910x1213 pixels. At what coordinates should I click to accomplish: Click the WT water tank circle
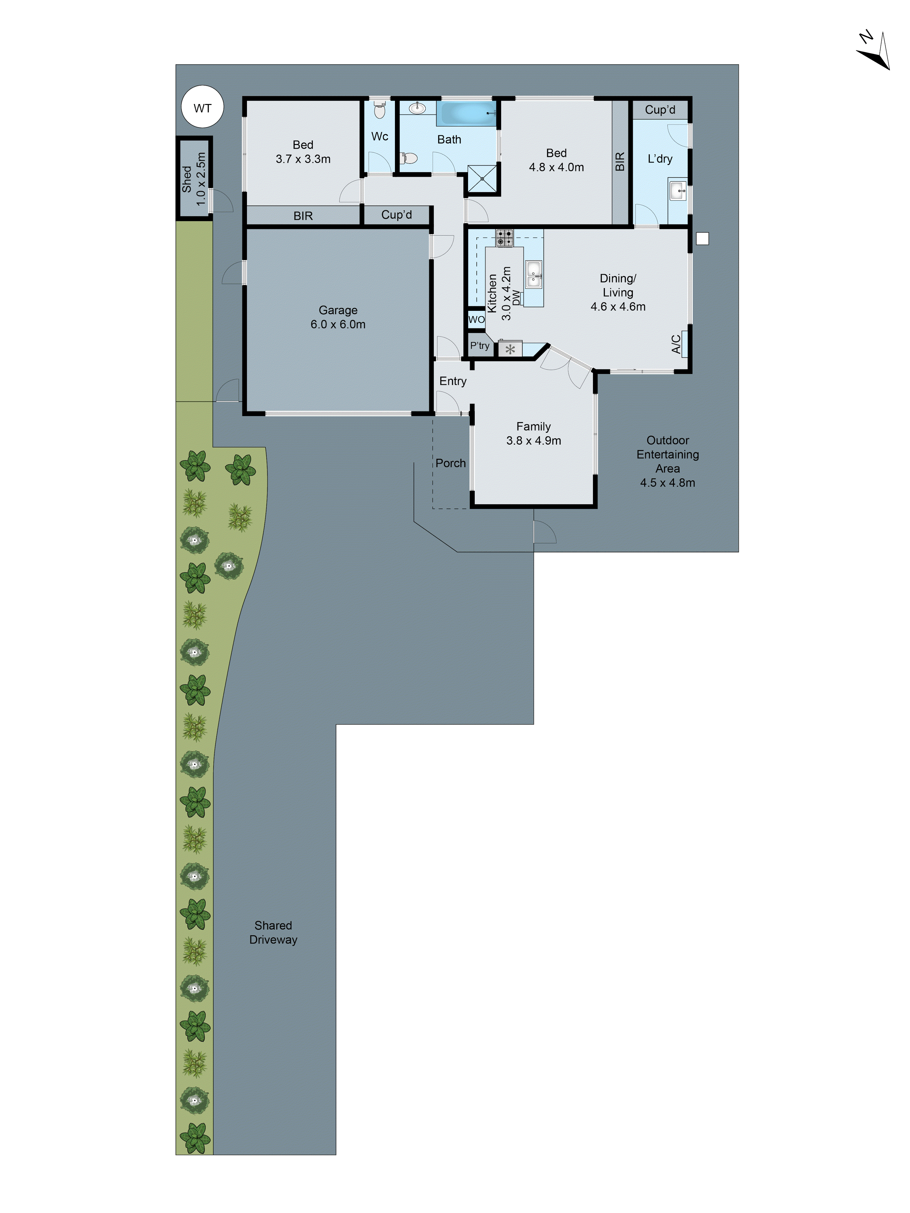202,107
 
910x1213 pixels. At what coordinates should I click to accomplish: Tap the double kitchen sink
533,274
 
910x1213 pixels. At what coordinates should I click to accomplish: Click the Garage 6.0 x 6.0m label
338,317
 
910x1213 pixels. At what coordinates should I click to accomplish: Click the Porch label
450,463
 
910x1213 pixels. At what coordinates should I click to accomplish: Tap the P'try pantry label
479,345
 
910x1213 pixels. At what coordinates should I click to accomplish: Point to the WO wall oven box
476,319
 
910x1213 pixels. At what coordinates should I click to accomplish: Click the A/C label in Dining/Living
676,344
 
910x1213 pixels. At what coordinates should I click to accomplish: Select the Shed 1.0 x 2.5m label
194,179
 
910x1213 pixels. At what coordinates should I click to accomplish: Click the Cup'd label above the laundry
660,110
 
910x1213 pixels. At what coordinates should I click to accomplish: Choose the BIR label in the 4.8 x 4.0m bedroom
620,162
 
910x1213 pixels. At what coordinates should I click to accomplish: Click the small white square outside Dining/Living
702,239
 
